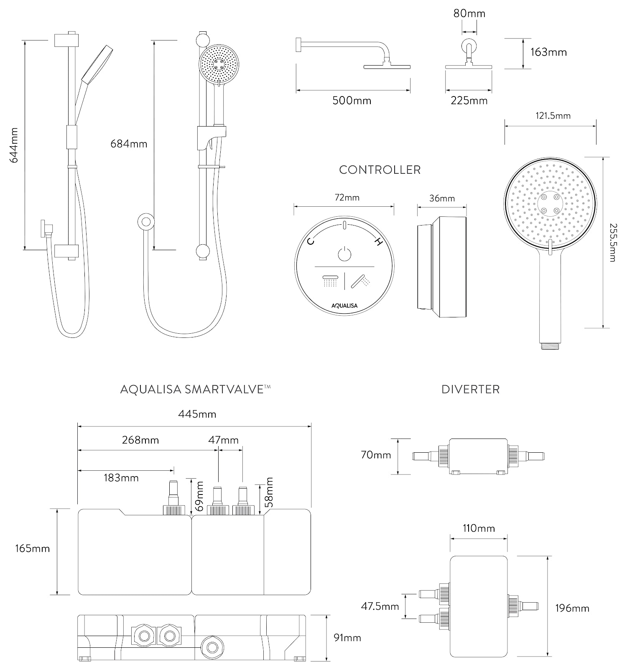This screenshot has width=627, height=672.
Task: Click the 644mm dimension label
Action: [14, 145]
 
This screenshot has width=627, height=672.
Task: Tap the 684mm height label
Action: [129, 144]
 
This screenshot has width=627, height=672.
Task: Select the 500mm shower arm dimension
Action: [352, 101]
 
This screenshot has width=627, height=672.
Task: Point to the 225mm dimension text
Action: [469, 101]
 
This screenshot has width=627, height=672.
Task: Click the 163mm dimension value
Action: [548, 52]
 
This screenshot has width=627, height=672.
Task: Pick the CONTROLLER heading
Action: [380, 170]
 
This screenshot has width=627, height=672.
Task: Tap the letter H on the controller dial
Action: [378, 242]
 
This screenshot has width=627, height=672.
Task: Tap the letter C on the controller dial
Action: [311, 241]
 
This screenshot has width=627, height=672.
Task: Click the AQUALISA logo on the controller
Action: [344, 305]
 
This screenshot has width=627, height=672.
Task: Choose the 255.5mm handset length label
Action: [612, 242]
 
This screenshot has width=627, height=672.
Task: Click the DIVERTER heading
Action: [470, 390]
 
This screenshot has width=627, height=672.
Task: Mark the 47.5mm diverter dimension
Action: [380, 606]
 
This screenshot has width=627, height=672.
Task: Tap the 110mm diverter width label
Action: [479, 528]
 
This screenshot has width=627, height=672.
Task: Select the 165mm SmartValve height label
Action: [32, 548]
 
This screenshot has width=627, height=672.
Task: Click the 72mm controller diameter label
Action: [347, 198]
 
